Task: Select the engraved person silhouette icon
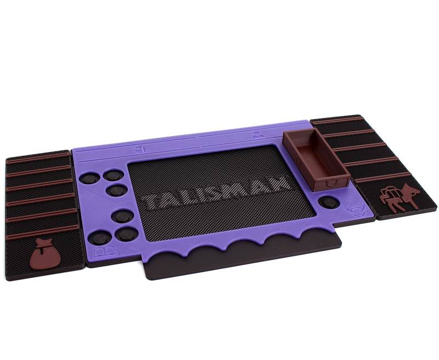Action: pyautogui.click(x=256, y=134)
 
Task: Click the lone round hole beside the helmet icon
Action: pyautogui.click(x=329, y=202)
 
